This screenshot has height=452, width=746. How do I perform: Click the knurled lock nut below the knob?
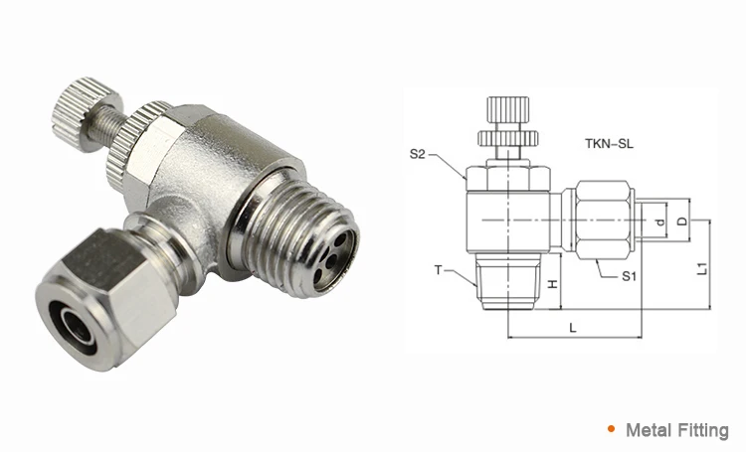tap(132, 149)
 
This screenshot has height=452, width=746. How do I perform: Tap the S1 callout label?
tap(629, 277)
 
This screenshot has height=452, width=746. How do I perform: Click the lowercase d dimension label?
tap(662, 220)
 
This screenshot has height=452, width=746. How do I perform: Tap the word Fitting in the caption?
tap(704, 430)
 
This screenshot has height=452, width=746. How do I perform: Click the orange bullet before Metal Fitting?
tap(610, 430)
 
